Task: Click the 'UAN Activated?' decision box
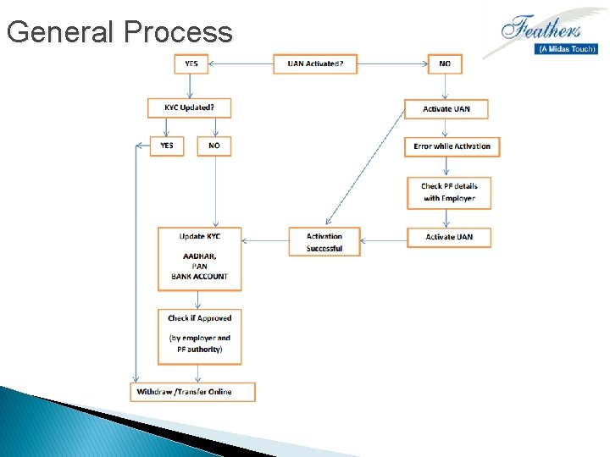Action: point(315,64)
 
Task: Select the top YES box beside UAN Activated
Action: point(191,64)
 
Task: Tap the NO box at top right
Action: point(445,64)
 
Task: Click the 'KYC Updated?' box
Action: point(191,108)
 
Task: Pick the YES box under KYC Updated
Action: point(167,146)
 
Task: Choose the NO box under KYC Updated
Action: point(214,146)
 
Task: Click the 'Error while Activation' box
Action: point(452,146)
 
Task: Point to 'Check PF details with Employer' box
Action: point(449,192)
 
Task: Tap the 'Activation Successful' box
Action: point(324,242)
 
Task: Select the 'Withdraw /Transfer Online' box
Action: point(193,391)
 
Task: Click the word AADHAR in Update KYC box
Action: point(199,256)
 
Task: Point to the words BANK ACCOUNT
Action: point(199,277)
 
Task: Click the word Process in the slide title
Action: point(177,32)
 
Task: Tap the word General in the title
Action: point(60,32)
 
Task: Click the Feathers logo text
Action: point(542,29)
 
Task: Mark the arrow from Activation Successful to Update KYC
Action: point(264,240)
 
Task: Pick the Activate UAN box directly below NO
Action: point(446,109)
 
